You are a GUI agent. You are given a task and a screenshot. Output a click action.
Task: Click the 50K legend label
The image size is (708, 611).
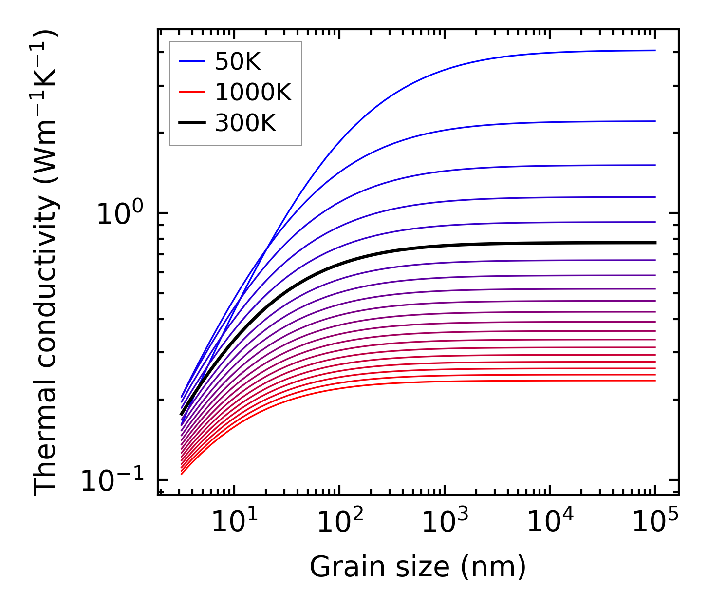238,62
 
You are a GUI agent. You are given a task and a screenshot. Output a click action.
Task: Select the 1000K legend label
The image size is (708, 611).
253,92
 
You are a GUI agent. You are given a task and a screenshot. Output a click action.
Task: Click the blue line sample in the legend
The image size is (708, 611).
192,62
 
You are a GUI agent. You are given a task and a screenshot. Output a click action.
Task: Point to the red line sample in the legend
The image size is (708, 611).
192,92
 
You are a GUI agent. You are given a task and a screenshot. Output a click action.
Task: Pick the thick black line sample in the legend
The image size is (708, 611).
192,123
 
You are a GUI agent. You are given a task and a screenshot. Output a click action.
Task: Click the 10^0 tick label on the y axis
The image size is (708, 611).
119,213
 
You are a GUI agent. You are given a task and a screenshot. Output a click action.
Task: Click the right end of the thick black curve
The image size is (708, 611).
655,243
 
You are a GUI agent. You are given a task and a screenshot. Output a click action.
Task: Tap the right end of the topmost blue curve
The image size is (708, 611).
655,50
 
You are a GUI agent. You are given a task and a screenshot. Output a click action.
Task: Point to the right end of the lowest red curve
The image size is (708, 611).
655,381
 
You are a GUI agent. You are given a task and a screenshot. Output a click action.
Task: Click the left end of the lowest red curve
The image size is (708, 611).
181,474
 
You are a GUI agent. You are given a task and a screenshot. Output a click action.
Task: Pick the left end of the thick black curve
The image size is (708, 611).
181,415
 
